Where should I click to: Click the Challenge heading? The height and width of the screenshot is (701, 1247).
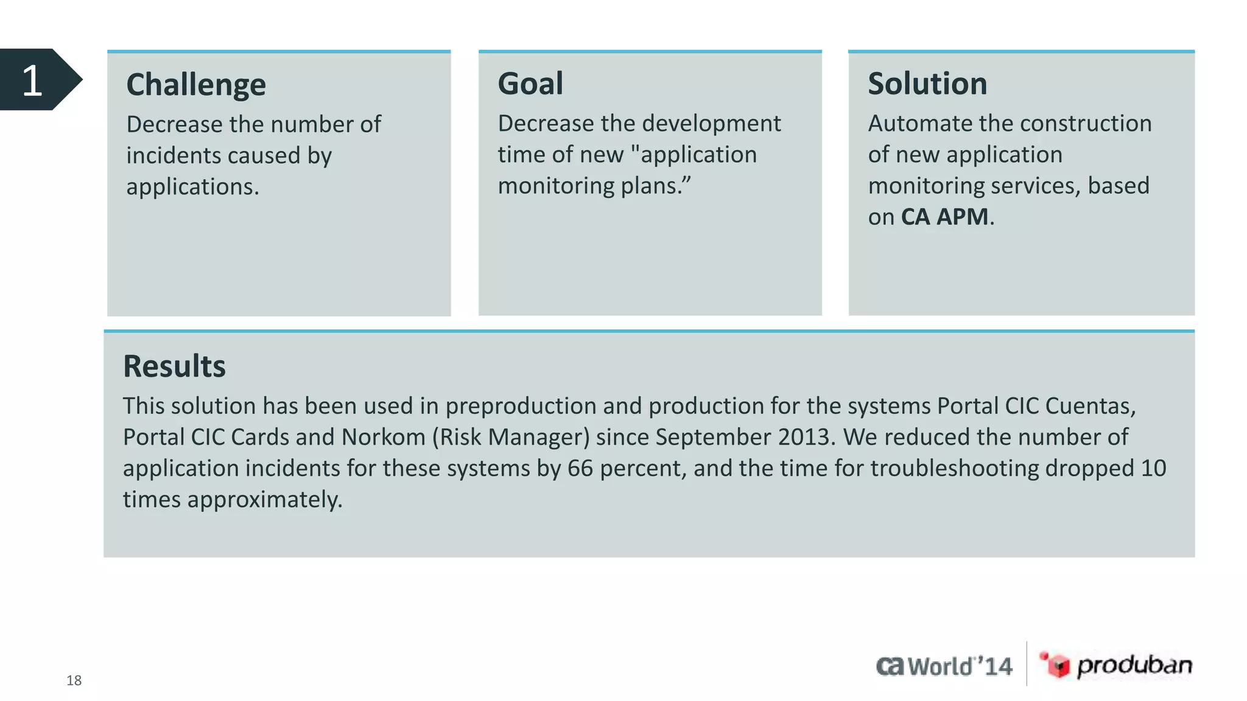coord(196,85)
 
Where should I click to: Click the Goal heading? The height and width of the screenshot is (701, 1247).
coord(530,83)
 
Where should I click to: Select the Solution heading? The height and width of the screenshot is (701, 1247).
coord(927,83)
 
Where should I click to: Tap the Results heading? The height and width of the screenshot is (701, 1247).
coord(174,366)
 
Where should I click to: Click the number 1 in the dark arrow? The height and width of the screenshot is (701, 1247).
coord(32,80)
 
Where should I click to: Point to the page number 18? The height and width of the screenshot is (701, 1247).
coord(74,680)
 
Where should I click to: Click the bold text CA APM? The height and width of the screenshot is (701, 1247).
coord(944,217)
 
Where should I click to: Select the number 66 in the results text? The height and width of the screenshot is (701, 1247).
coord(580,468)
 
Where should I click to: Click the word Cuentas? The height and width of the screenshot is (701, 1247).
coord(1090,406)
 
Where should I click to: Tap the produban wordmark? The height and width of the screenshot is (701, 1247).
coord(1134,665)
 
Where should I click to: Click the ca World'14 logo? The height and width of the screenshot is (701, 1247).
coord(944,666)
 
